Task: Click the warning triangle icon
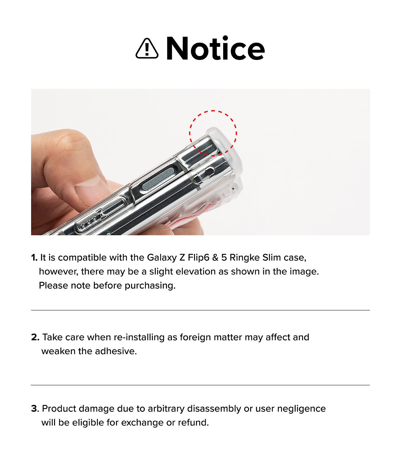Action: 147,49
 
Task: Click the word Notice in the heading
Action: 215,48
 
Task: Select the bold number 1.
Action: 34,258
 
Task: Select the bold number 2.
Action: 35,337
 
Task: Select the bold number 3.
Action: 35,409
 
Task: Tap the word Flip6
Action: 199,258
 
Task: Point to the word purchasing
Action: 150,286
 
